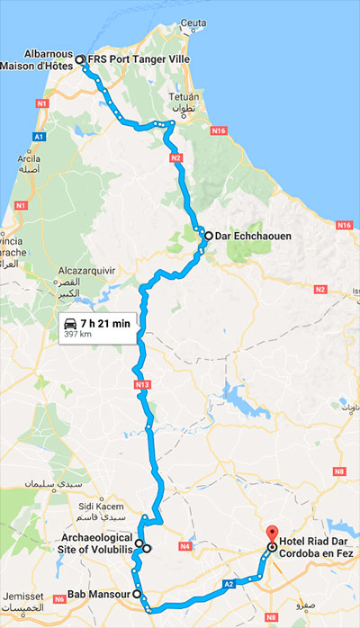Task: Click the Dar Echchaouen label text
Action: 256,237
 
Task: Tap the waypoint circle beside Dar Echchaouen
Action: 208,237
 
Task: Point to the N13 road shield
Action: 142,384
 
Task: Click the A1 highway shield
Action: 39,136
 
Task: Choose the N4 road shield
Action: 186,545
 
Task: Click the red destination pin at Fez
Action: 272,534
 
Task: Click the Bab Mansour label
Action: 98,594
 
